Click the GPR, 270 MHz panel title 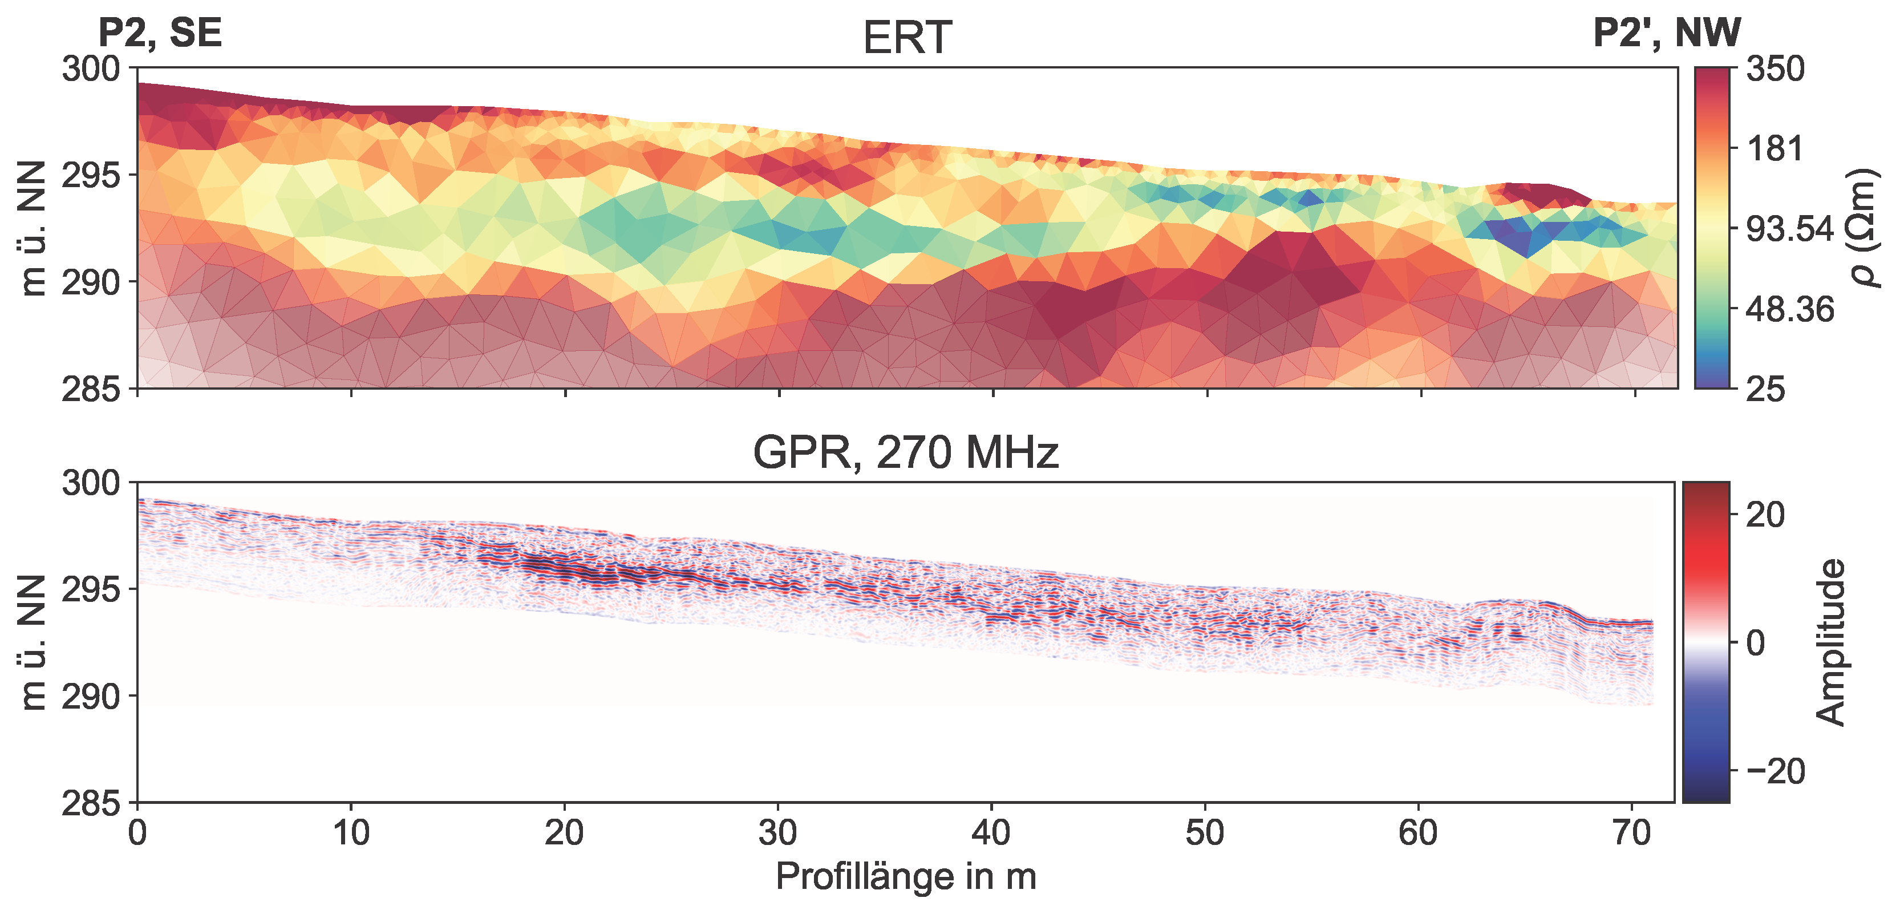tap(905, 452)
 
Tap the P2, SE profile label tap(160, 33)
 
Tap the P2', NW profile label tap(1666, 33)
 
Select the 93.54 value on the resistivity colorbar tap(1789, 229)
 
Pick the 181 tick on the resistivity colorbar tap(1775, 149)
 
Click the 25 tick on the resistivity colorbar tap(1765, 389)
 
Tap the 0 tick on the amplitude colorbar tap(1756, 643)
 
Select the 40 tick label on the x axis tap(991, 834)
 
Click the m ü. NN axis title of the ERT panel tap(33, 228)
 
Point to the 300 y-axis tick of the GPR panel tap(91, 483)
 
